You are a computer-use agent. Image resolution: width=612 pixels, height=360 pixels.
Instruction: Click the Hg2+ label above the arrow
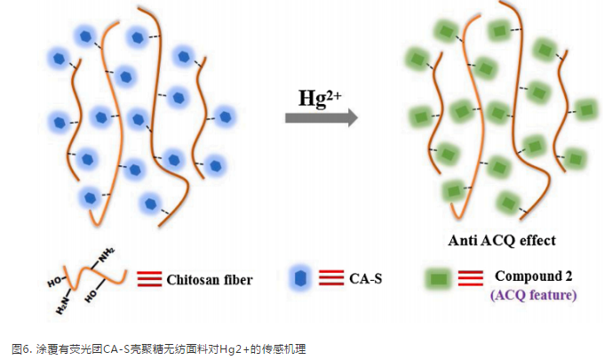click(321, 96)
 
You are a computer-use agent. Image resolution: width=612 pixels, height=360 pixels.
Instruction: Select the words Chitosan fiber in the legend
click(210, 279)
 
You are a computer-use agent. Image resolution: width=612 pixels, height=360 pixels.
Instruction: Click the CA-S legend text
click(365, 280)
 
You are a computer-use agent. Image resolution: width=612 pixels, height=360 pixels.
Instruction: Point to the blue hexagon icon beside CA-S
click(300, 279)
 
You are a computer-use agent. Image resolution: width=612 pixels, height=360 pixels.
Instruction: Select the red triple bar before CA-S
click(330, 280)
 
